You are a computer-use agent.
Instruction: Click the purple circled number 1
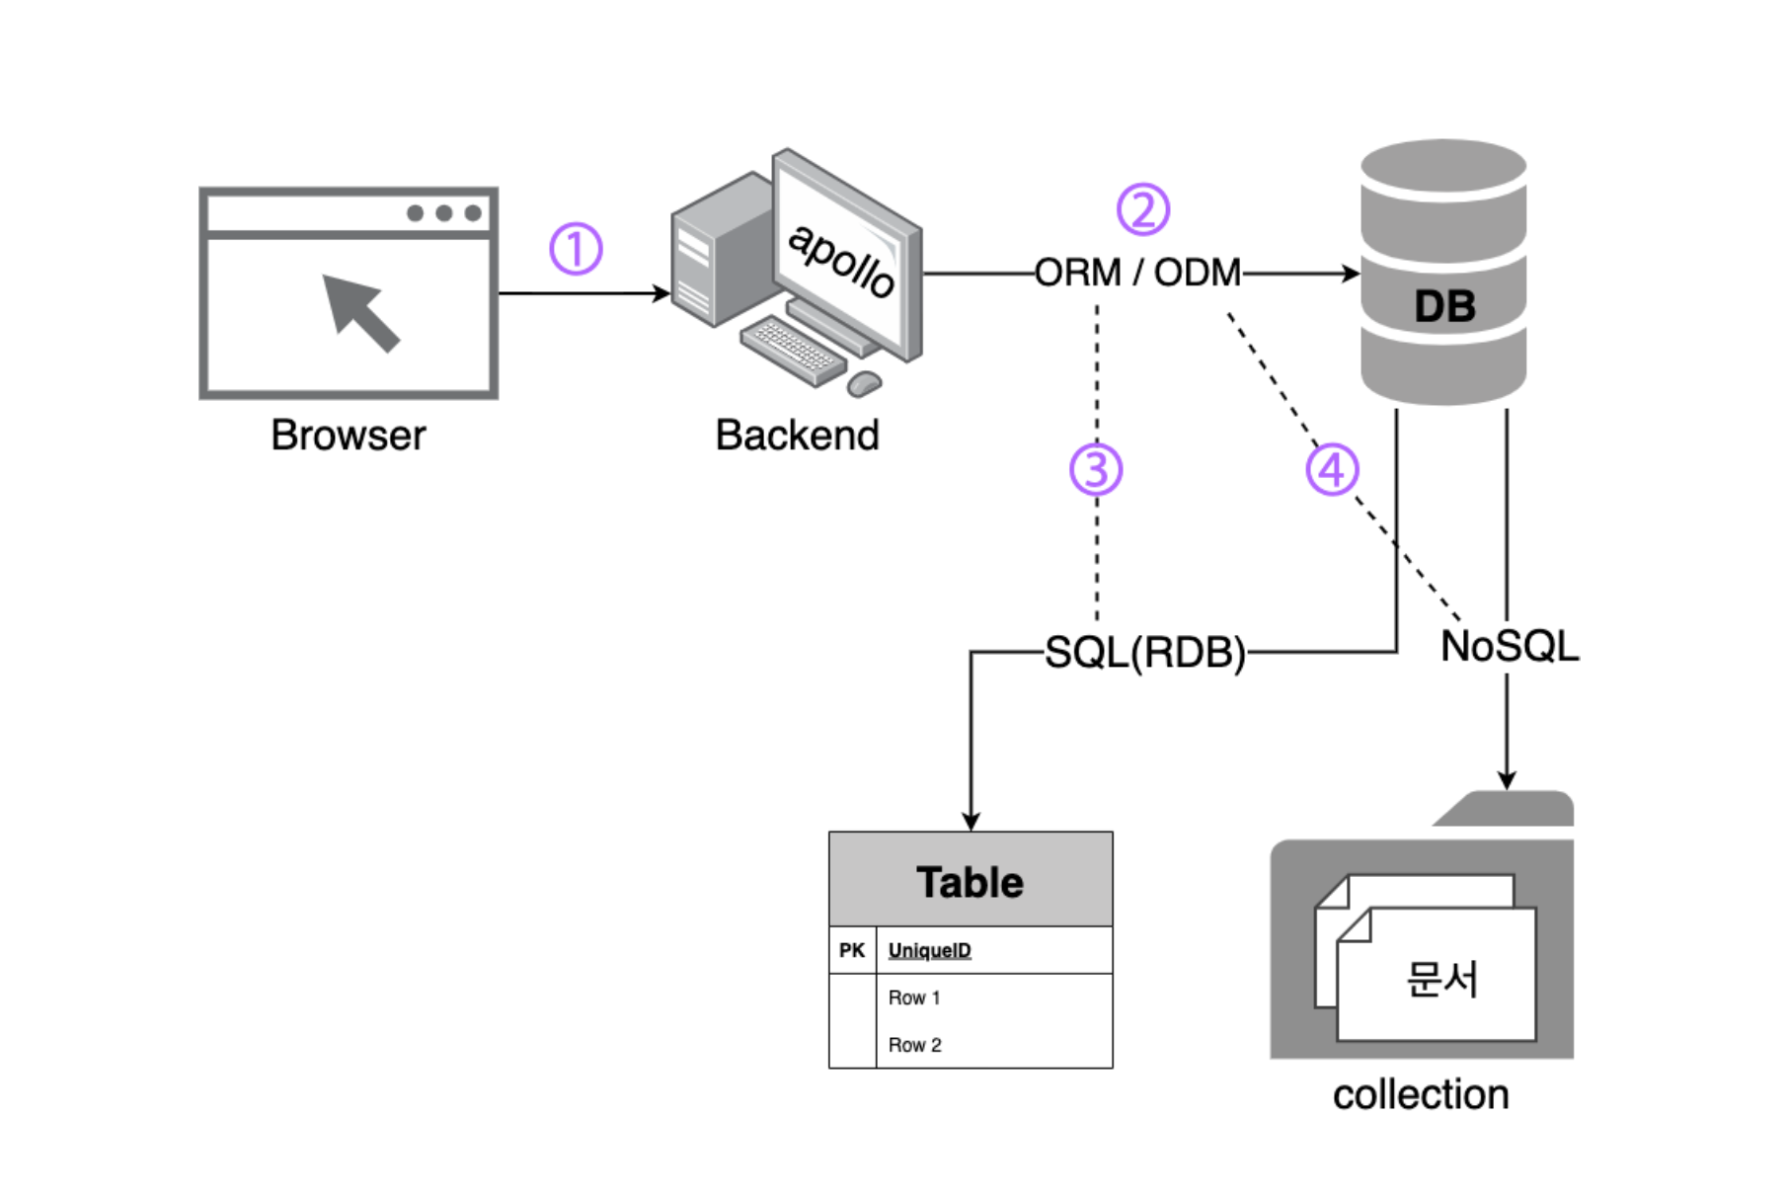click(576, 249)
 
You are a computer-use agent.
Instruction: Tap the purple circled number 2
click(1142, 209)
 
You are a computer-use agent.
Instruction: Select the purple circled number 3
click(1096, 469)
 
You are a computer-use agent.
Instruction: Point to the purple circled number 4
click(1332, 469)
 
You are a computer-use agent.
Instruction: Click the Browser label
click(348, 436)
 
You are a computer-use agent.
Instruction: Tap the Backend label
click(797, 436)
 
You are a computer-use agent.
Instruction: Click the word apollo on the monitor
click(841, 259)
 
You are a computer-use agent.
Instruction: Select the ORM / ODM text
click(1137, 273)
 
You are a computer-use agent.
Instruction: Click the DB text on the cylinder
click(1444, 306)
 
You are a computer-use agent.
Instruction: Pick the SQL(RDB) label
click(1144, 653)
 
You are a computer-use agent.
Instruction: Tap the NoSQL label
click(1509, 647)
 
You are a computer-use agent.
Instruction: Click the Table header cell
click(971, 881)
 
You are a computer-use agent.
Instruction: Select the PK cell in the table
click(852, 950)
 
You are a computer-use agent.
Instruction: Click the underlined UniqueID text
click(929, 950)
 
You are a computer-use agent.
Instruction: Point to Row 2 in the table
click(914, 1045)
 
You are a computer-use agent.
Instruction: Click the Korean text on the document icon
click(1441, 980)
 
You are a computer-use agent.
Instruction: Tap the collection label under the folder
click(1420, 1094)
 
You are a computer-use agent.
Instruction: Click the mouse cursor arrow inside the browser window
click(360, 311)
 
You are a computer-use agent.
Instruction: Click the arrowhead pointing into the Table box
click(971, 822)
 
